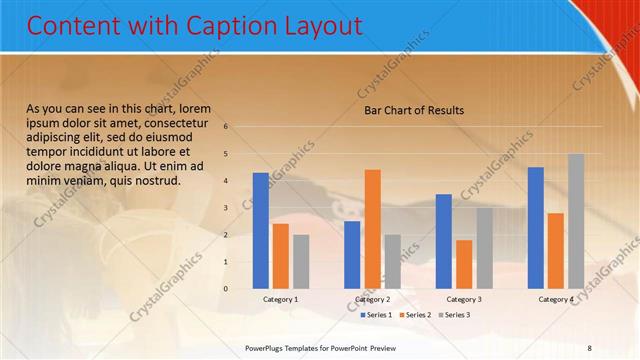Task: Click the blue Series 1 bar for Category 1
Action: tap(261, 230)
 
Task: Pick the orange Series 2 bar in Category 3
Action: tap(464, 264)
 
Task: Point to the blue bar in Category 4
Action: tap(536, 227)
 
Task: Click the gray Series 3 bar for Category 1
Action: tap(301, 261)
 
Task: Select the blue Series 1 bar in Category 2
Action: tap(352, 254)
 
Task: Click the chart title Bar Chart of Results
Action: tap(413, 110)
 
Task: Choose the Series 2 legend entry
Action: tap(414, 315)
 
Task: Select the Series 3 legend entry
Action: tap(453, 315)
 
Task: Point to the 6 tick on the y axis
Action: tap(227, 127)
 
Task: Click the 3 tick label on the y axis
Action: tap(227, 208)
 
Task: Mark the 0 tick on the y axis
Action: tap(227, 289)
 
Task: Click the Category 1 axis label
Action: tap(281, 299)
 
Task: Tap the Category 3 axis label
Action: tap(464, 299)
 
